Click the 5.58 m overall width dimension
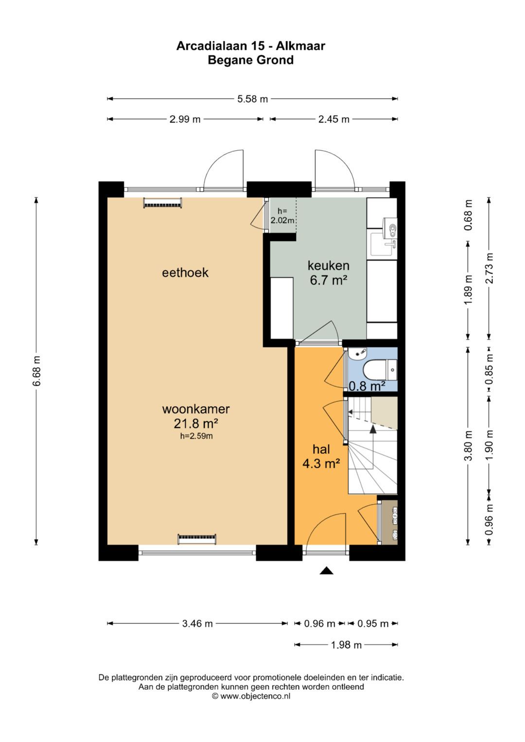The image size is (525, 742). coord(252,99)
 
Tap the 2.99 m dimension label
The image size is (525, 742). coord(185,119)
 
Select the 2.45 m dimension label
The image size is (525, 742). coord(334,119)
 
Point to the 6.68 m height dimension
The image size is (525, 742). coord(36,371)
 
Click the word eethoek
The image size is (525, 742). coord(185,273)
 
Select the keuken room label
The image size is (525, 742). coord(329,265)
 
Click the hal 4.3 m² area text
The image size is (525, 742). coord(321,464)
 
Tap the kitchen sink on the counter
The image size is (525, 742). coord(383,244)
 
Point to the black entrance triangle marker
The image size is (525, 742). coord(326,570)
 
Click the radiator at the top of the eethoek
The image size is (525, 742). coord(162,203)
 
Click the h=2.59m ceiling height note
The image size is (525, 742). coord(196,436)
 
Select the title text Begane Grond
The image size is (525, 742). coord(250,60)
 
